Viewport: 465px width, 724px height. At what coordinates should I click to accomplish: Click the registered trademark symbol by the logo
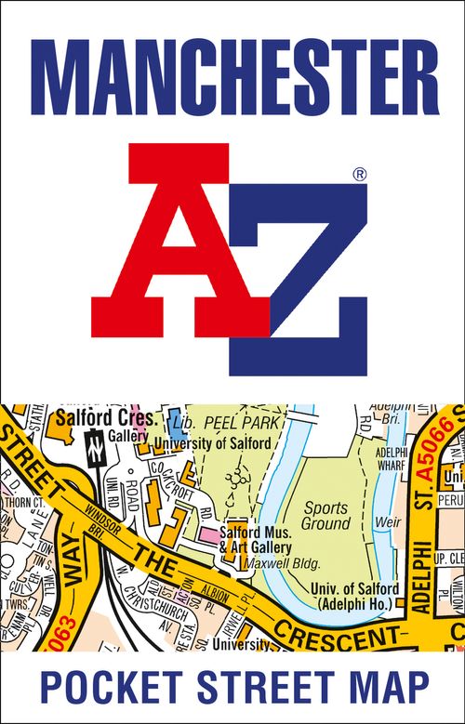[360, 174]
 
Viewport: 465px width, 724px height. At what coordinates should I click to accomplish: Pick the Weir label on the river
[387, 522]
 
